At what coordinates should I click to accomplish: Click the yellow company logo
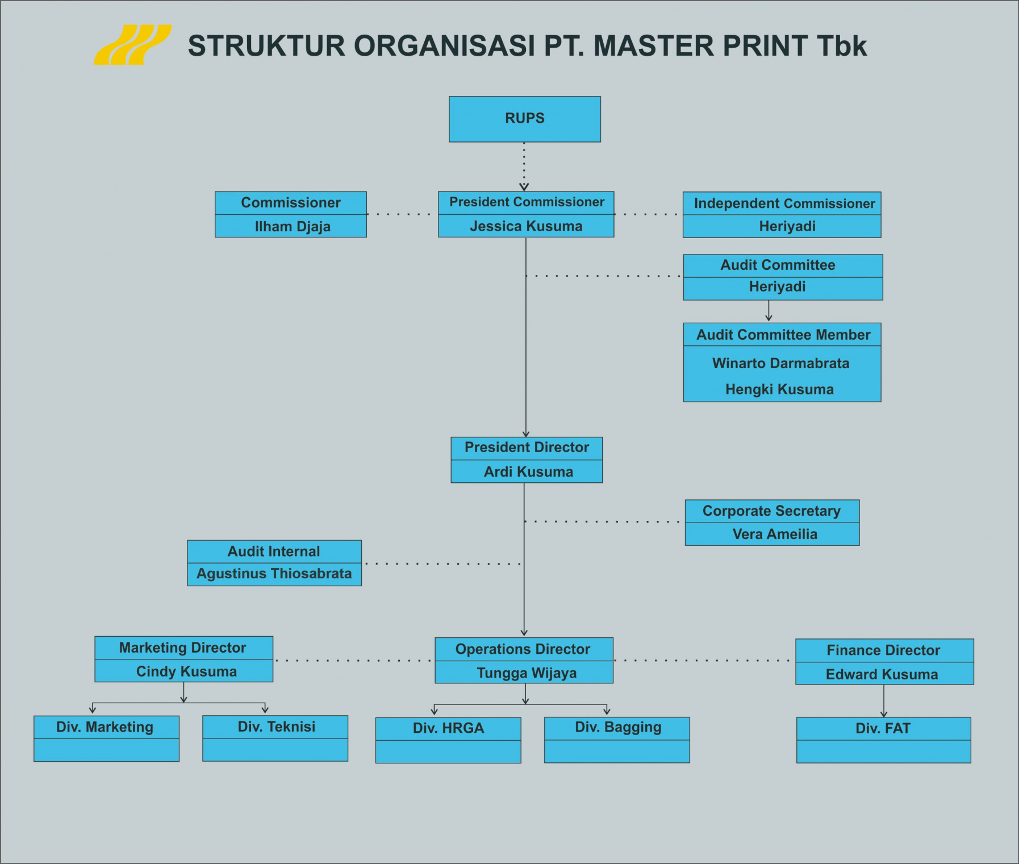132,45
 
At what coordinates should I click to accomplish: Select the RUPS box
524,119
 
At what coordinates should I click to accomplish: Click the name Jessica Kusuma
526,226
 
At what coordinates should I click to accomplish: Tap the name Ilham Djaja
293,227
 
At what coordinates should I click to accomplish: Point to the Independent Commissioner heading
784,203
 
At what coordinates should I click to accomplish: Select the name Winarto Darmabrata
780,363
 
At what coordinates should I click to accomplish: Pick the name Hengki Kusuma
779,389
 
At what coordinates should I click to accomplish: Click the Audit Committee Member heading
783,335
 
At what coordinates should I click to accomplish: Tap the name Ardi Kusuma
528,471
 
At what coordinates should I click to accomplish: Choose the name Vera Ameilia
775,534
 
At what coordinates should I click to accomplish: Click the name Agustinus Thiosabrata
274,574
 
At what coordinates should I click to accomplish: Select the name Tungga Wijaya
527,673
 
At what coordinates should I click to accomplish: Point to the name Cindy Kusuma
186,671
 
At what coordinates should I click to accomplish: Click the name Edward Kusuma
882,674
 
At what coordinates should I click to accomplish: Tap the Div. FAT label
883,728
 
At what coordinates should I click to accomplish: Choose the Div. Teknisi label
276,727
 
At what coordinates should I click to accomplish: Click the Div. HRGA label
448,728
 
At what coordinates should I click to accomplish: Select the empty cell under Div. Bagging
617,752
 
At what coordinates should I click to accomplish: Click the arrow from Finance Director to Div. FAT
883,701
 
